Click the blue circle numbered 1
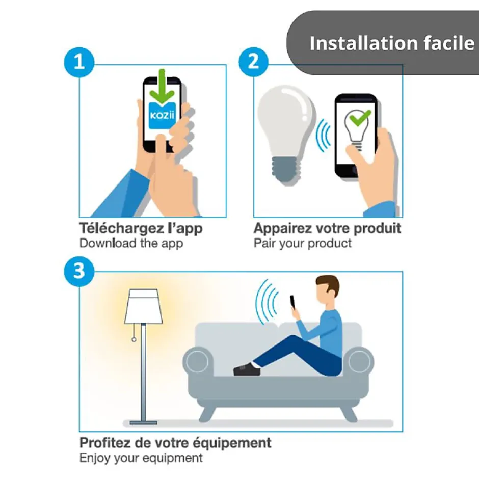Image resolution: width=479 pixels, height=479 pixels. [x=79, y=62]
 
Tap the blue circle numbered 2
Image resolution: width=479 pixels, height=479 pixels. [x=254, y=62]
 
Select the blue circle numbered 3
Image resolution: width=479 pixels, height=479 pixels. [x=79, y=271]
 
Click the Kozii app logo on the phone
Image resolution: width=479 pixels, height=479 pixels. [x=162, y=116]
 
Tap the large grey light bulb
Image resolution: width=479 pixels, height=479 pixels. [x=286, y=135]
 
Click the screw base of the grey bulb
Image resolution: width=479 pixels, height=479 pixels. [x=286, y=170]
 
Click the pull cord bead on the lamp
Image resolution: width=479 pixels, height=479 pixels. [x=134, y=340]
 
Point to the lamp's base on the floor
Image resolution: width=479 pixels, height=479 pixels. [x=143, y=423]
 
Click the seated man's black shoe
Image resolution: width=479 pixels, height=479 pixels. [x=247, y=369]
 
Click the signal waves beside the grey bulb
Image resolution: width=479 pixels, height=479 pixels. [x=323, y=136]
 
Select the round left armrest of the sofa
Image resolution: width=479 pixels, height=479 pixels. [x=198, y=361]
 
